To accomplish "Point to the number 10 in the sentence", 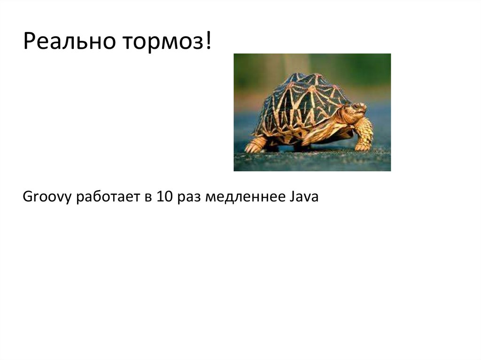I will click(x=164, y=197).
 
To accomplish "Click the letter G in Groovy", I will click(x=27, y=197).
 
